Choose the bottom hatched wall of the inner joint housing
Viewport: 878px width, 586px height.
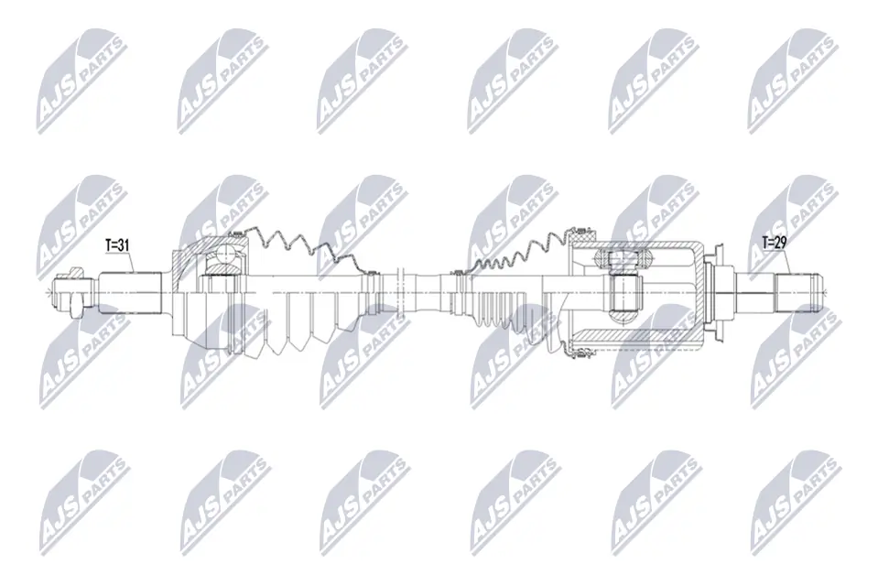[641, 345]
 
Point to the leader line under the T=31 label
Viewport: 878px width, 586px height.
[129, 262]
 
